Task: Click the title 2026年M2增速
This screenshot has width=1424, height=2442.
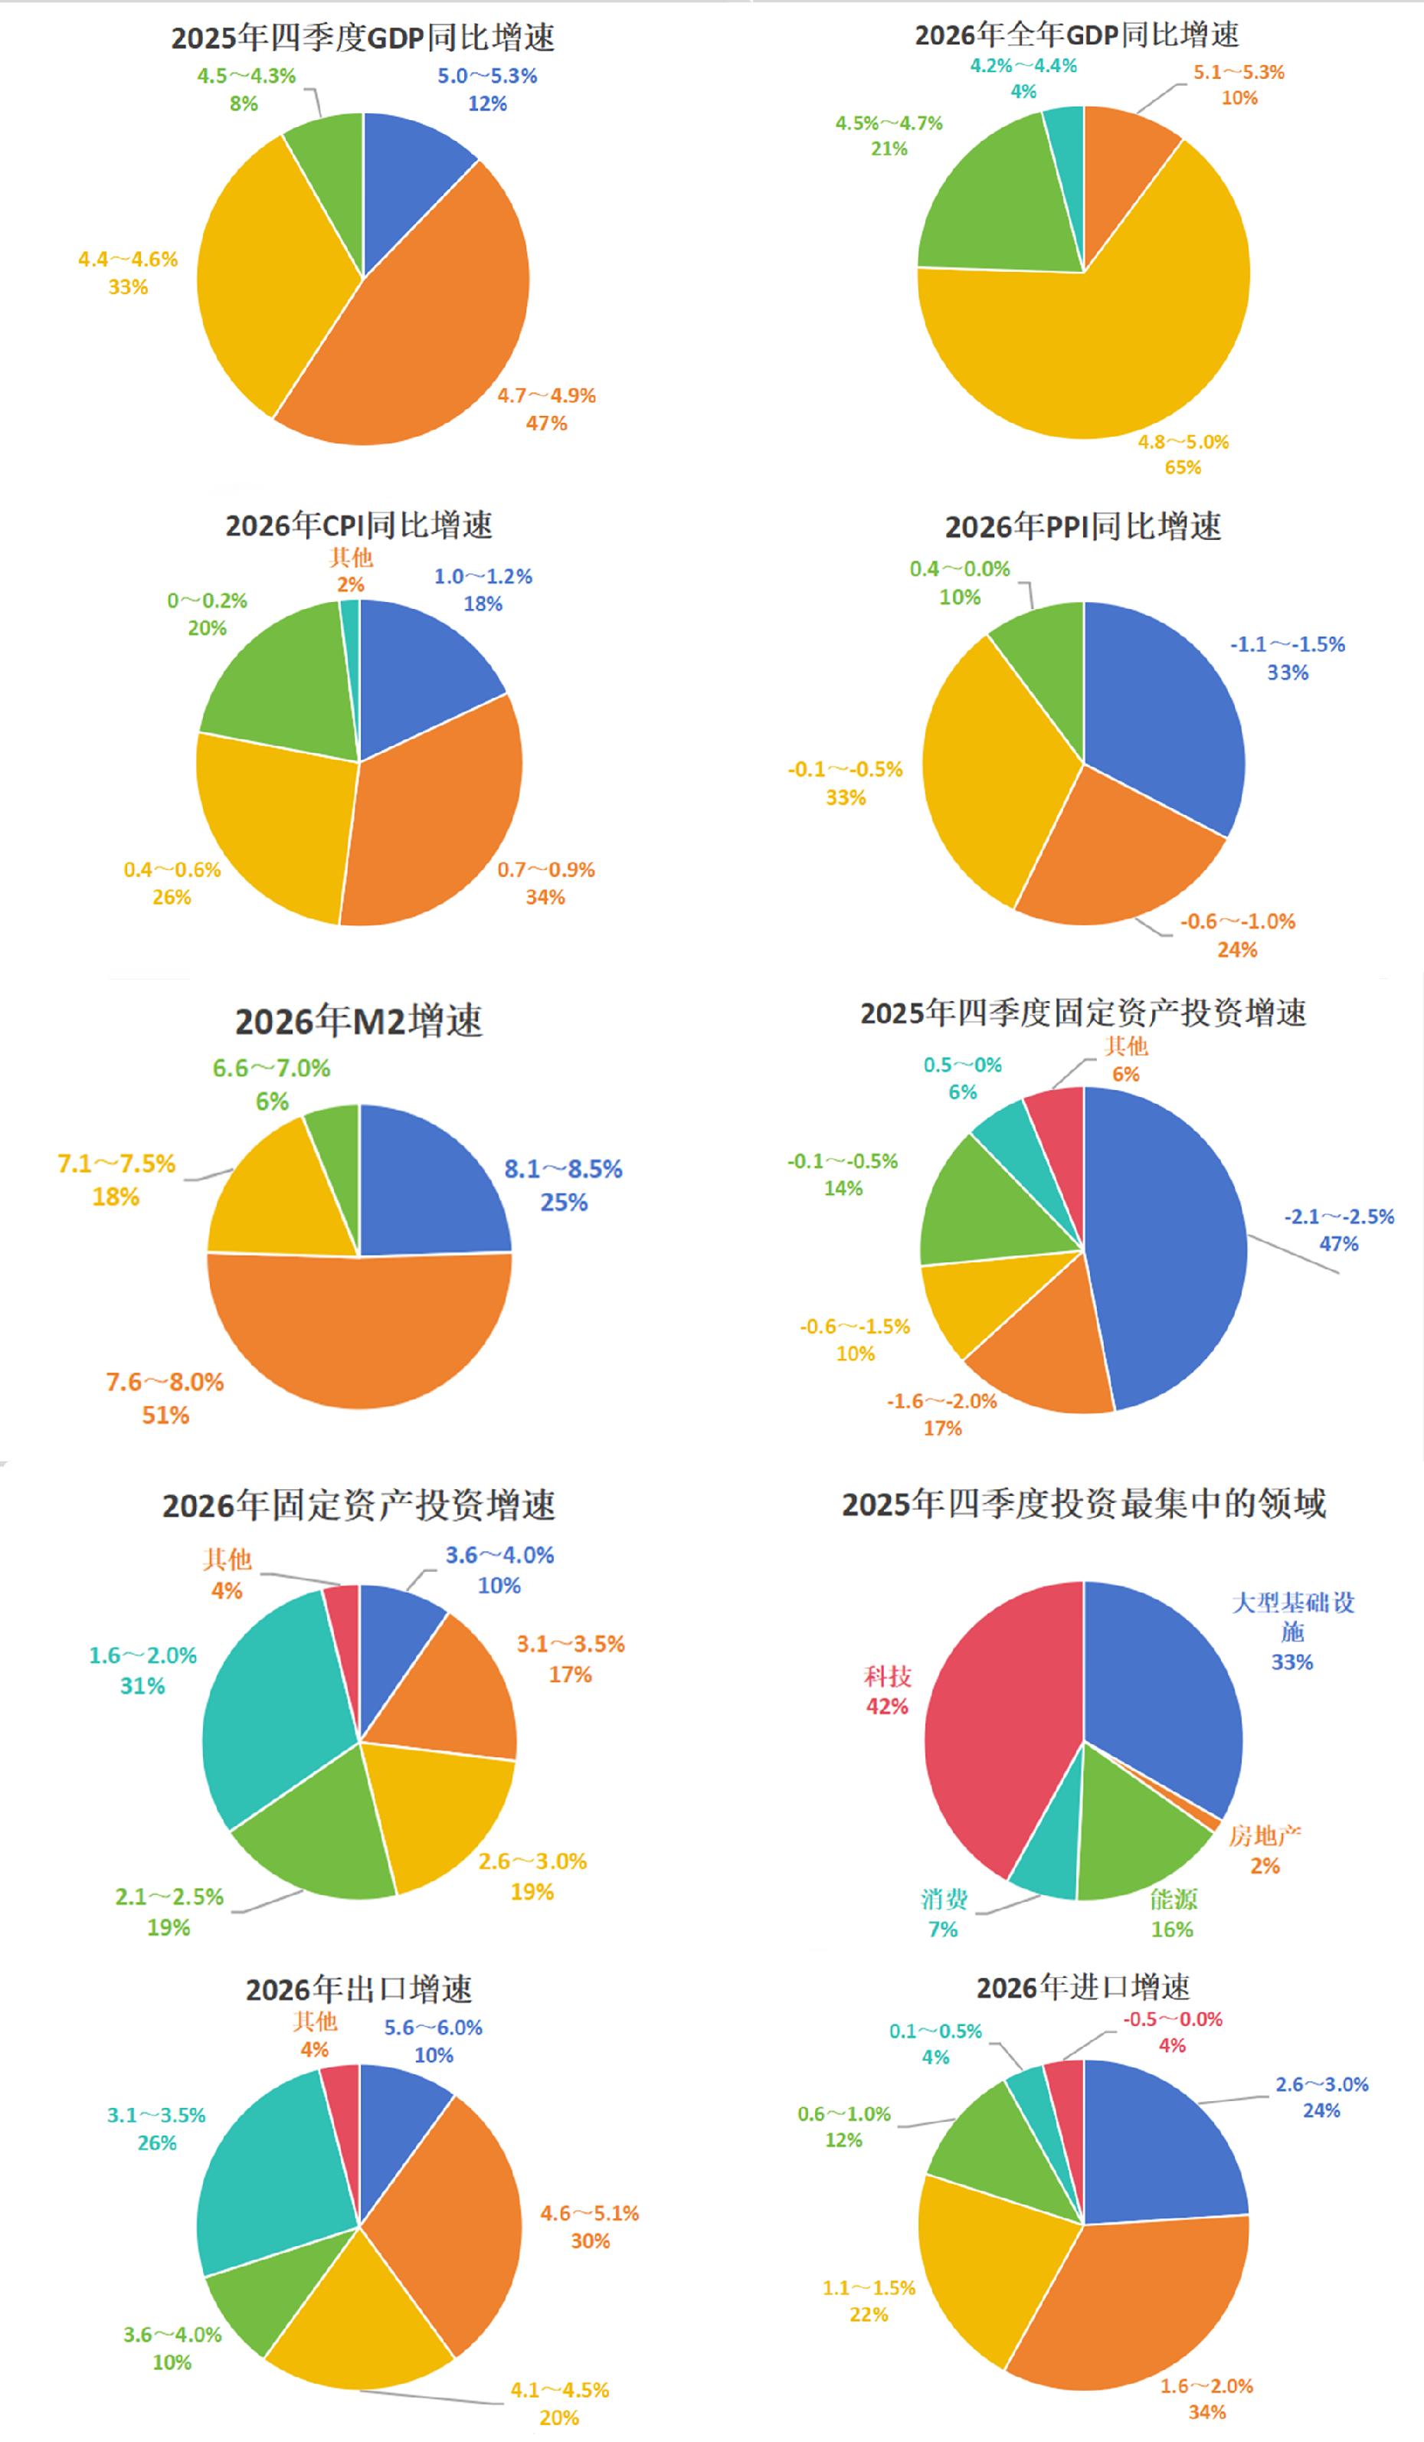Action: pyautogui.click(x=358, y=1021)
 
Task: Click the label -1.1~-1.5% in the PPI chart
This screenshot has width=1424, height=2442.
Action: pyautogui.click(x=1288, y=644)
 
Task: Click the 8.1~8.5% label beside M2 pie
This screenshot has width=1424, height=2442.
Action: pyautogui.click(x=563, y=1169)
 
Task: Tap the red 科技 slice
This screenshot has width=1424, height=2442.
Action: pyautogui.click(x=998, y=1725)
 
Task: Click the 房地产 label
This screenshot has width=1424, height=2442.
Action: pyautogui.click(x=1264, y=1835)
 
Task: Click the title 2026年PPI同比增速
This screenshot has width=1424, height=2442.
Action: pyautogui.click(x=1083, y=527)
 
